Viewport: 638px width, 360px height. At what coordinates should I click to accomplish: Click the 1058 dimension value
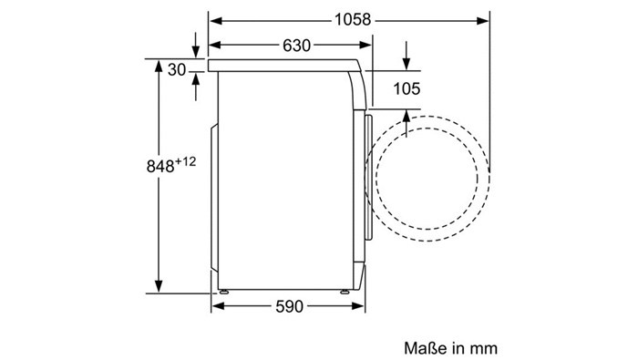353,19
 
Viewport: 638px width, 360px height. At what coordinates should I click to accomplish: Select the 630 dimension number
296,46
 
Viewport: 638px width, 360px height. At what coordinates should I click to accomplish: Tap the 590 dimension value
289,307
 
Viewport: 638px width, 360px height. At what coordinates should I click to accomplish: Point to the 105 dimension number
406,88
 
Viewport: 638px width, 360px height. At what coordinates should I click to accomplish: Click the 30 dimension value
177,70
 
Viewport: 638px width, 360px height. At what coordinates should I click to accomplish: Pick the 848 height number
160,167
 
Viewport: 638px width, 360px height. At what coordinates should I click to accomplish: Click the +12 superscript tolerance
186,161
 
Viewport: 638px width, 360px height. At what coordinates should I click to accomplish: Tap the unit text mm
484,349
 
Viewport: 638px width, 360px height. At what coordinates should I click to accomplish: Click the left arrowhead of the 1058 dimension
216,20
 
